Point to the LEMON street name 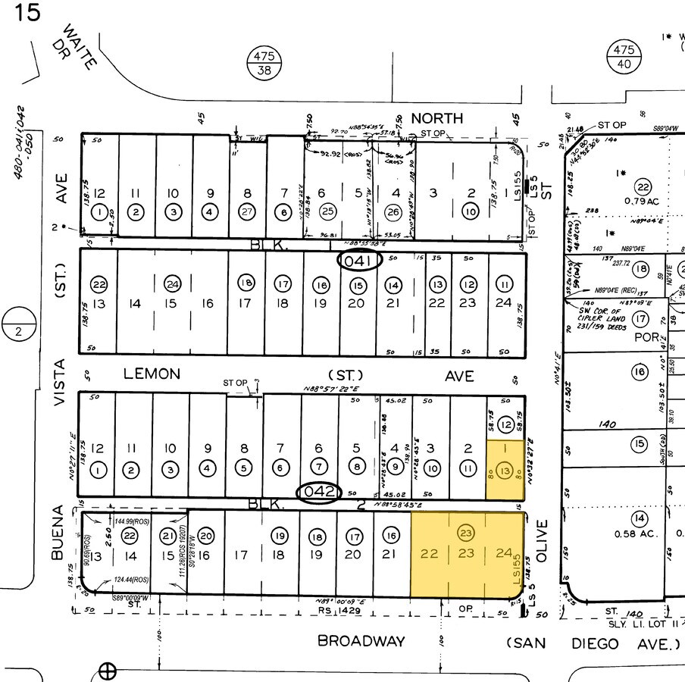tap(152, 374)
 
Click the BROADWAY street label tap(361, 641)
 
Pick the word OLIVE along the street tap(541, 540)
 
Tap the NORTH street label tap(436, 118)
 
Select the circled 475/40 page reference tap(623, 58)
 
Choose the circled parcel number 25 tap(327, 211)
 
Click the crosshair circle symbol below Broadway tap(108, 671)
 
